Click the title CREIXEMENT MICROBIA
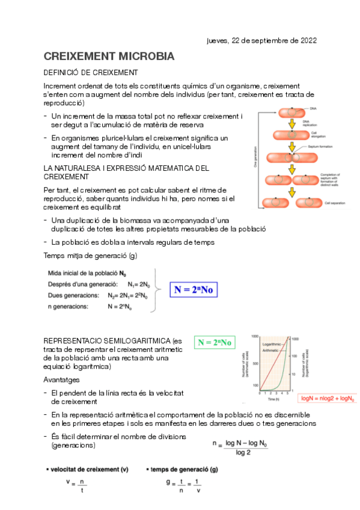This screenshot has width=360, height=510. (109, 57)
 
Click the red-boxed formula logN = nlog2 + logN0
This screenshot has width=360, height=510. (328, 398)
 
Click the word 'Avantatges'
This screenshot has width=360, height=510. (61, 380)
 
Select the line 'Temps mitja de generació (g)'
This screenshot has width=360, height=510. (90, 256)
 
